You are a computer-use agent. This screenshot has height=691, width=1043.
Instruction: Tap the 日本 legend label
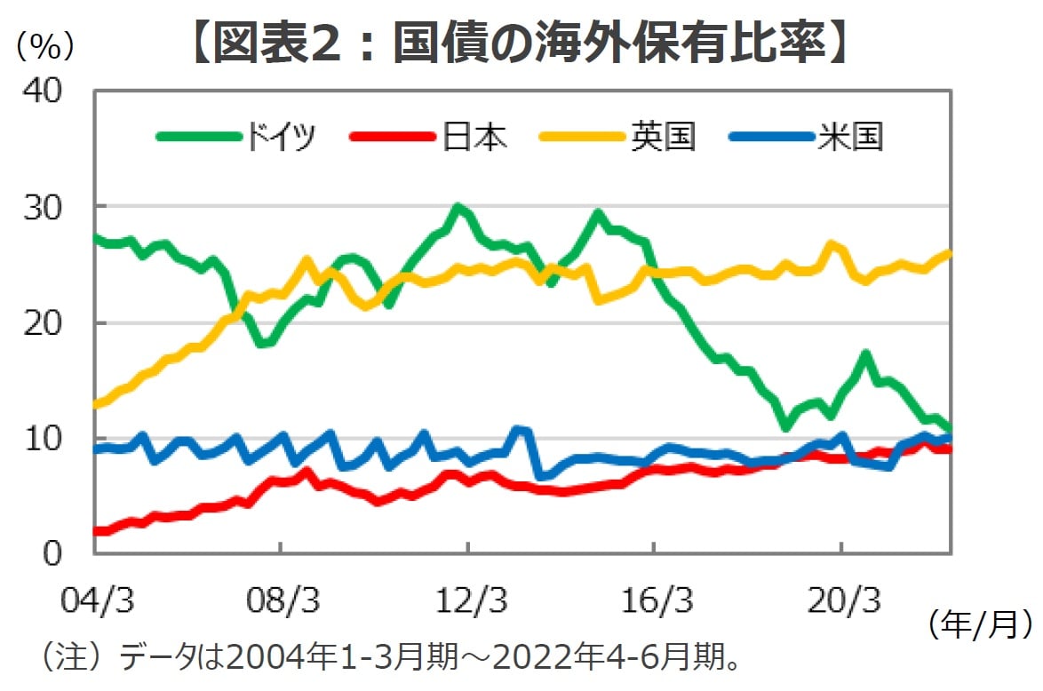pos(474,138)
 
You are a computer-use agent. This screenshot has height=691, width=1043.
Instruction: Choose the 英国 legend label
pos(664,138)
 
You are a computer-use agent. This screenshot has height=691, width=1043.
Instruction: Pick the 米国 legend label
pos(851,138)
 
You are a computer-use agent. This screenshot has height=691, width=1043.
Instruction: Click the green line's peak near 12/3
pos(458,210)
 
